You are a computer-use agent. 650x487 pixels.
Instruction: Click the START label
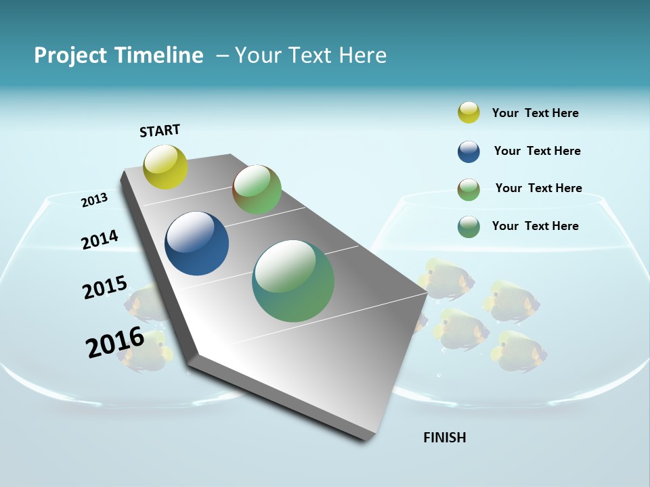[x=160, y=131]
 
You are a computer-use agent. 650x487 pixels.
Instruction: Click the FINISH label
[x=444, y=438]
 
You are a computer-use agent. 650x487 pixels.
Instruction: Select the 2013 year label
[x=95, y=200]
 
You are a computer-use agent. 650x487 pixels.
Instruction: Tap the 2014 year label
[x=100, y=239]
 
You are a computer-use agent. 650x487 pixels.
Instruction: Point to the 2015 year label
[x=105, y=287]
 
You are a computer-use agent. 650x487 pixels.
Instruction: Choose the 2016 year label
[x=115, y=342]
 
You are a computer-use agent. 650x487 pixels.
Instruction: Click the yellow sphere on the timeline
[x=165, y=166]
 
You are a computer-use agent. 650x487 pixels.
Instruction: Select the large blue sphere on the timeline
[x=197, y=243]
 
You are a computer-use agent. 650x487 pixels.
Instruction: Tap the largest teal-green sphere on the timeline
[x=293, y=281]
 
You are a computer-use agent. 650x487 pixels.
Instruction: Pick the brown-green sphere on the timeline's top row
[x=257, y=189]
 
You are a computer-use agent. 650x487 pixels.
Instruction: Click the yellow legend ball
[x=469, y=113]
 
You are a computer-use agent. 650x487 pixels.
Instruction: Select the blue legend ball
[x=469, y=152]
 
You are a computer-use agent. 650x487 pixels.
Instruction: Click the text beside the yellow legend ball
[x=535, y=114]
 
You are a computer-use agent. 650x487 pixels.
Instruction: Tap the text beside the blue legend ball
[x=537, y=151]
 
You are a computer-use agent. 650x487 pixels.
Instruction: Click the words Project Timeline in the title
[x=118, y=55]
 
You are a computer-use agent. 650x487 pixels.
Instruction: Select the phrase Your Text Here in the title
[x=311, y=55]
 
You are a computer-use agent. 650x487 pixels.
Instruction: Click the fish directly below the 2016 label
[x=144, y=352]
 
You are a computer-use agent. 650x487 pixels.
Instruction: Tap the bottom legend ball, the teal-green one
[x=469, y=227]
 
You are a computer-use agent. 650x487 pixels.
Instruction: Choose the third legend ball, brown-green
[x=469, y=189]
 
